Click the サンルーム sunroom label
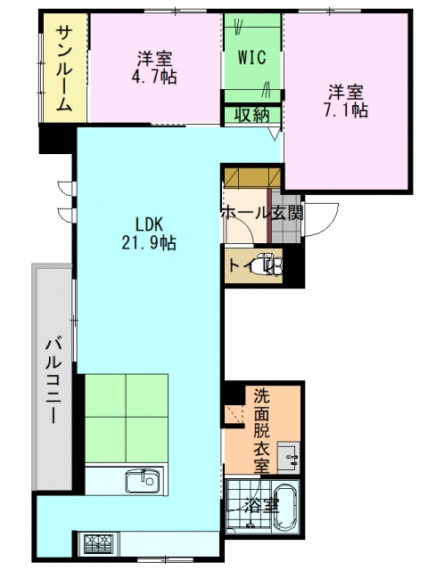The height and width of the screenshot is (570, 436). [64, 69]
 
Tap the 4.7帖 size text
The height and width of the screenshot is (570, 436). [154, 77]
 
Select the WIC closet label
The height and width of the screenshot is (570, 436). [251, 57]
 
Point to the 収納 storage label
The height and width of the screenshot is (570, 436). [251, 116]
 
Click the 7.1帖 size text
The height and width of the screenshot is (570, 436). [346, 110]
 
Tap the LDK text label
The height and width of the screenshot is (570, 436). [149, 224]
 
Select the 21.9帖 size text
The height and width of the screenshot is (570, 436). [149, 242]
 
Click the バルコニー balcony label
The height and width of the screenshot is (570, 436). [53, 381]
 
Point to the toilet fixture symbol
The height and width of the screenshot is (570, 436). [268, 266]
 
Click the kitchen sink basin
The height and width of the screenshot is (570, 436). [143, 481]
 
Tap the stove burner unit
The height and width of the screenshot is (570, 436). [99, 544]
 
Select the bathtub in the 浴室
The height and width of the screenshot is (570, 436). [285, 509]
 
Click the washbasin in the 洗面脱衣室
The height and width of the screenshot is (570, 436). [289, 458]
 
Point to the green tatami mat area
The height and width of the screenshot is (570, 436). [127, 418]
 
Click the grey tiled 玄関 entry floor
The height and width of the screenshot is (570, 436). [286, 218]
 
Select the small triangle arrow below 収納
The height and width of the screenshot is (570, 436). [275, 133]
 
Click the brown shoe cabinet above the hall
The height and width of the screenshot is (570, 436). [251, 176]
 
